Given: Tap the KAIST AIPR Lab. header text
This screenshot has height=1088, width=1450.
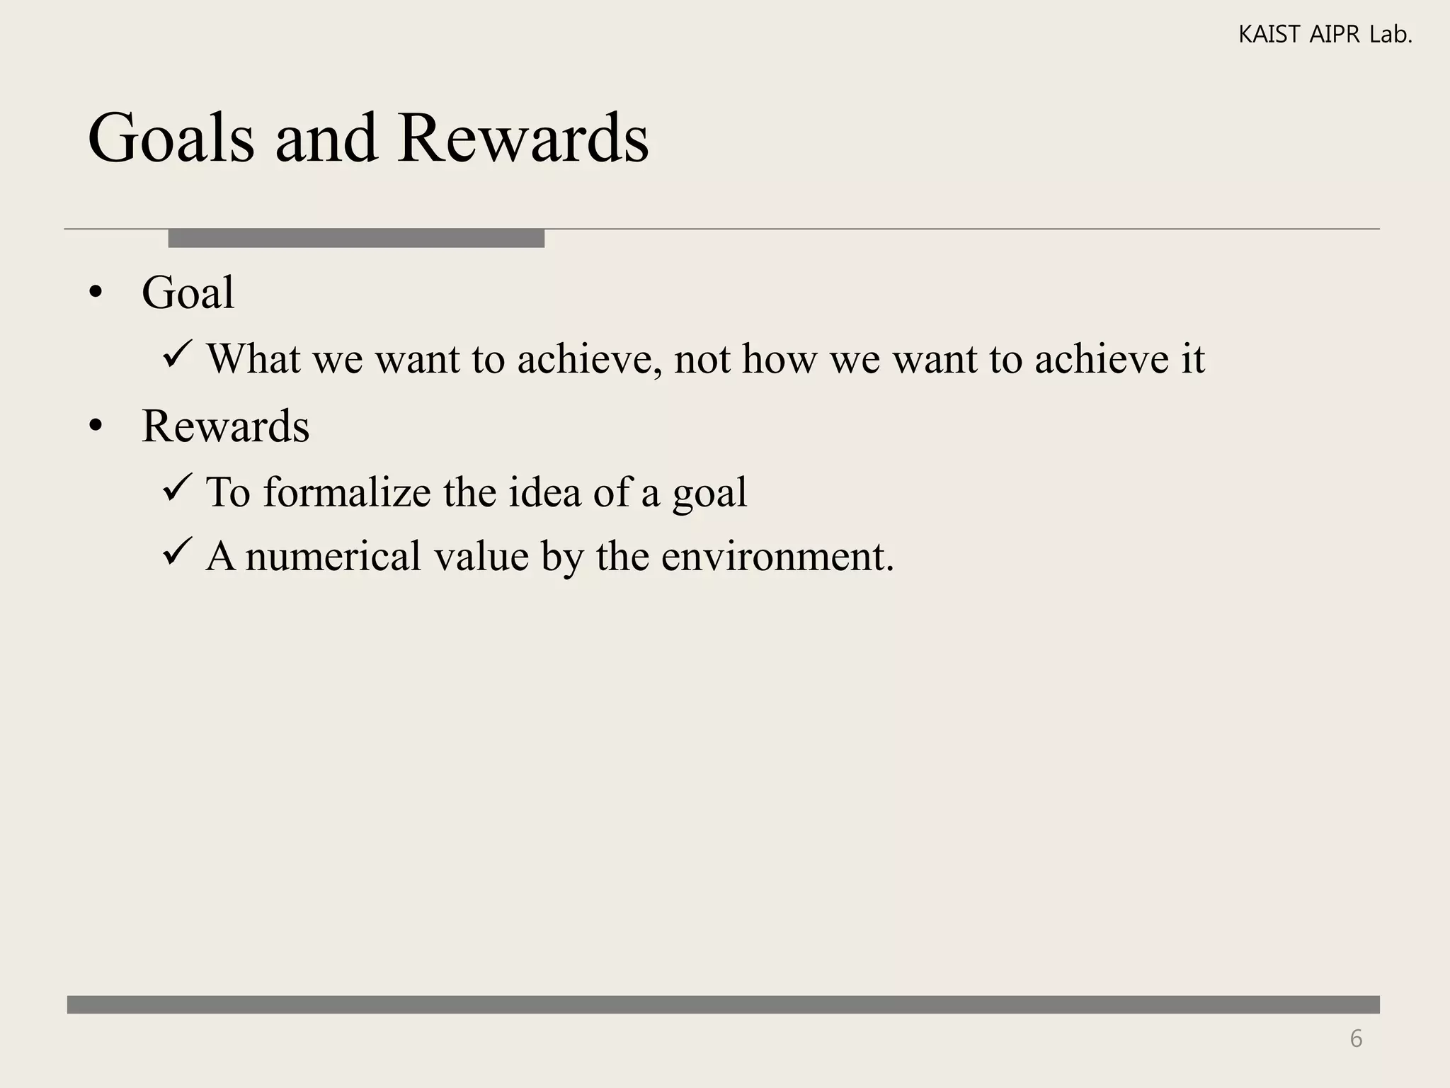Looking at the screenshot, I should click(1325, 34).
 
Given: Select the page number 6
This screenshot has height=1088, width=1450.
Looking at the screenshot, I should click(1356, 1038).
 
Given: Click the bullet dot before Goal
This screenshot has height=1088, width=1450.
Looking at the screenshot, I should click(96, 293).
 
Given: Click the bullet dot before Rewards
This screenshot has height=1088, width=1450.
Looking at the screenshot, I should click(96, 426).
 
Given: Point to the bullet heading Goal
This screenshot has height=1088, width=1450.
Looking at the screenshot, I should click(188, 292).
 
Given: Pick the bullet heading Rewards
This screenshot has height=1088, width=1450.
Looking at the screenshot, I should click(225, 426).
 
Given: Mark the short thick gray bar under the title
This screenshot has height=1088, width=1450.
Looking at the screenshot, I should click(356, 238).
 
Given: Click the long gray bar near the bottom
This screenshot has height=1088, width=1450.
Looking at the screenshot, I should click(723, 1004).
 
